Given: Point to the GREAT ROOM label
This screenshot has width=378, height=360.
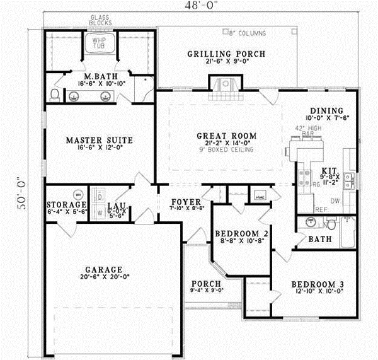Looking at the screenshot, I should [226, 136].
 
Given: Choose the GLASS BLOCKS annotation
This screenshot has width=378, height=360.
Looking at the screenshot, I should [100, 20].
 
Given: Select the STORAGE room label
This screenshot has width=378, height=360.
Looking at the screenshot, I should [66, 206].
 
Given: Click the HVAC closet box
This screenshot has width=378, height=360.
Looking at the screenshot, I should [260, 195].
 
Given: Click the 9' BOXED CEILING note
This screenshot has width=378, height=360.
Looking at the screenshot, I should [226, 150].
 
